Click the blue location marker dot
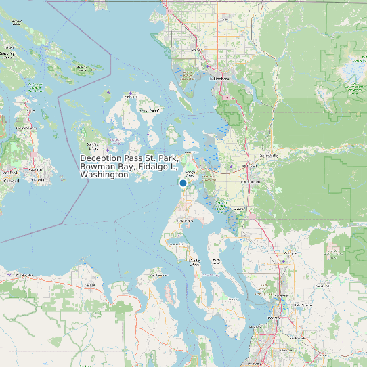pyautogui.click(x=183, y=183)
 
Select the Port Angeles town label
pyautogui.click(x=24, y=276)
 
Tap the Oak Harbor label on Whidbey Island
pyautogui.click(x=183, y=221)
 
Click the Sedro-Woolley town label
pyautogui.click(x=269, y=156)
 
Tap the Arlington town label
pyautogui.click(x=290, y=252)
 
